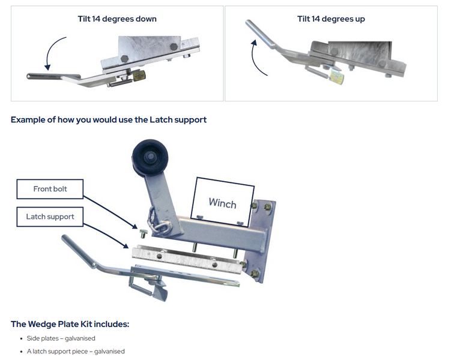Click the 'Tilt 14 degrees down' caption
coord(117,19)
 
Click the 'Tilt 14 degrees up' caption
coord(331,19)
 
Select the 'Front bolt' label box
coord(50,189)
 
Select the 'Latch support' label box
coord(50,217)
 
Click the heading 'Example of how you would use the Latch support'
coord(109,119)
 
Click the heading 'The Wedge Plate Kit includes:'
coord(70,324)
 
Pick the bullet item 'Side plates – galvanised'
coord(61,338)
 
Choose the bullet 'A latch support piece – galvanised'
coord(76,351)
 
